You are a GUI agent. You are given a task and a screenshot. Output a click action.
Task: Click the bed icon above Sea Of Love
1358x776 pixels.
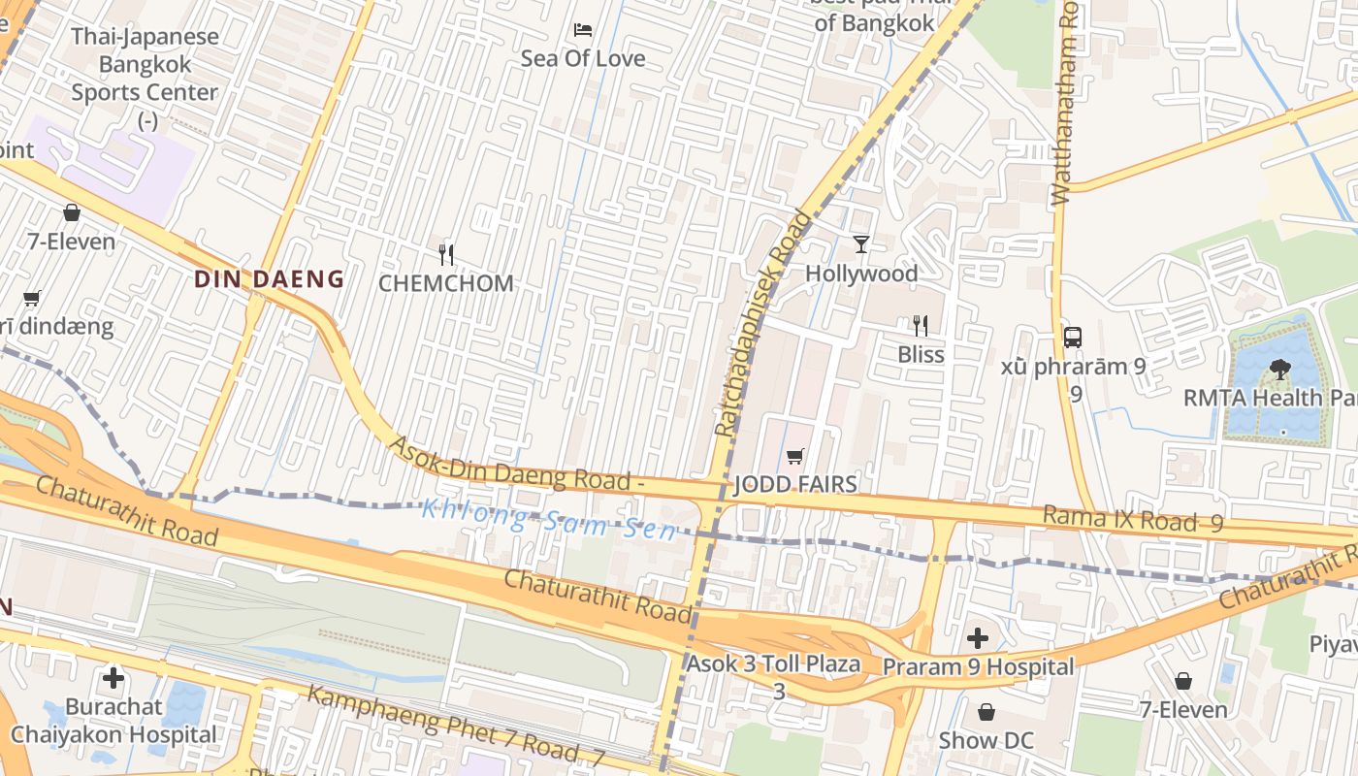click(583, 29)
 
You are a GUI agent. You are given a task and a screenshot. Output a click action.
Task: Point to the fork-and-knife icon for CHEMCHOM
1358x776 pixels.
click(446, 255)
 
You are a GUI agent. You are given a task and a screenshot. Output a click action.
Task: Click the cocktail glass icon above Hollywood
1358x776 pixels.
click(861, 243)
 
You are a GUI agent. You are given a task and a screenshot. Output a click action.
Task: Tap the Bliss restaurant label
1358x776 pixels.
click(921, 354)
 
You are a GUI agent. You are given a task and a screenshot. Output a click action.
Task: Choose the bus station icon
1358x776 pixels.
click(1072, 338)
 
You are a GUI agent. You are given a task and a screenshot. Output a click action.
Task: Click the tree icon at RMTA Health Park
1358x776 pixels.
click(1279, 369)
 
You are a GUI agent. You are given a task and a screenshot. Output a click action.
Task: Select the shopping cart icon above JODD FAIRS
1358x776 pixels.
click(795, 456)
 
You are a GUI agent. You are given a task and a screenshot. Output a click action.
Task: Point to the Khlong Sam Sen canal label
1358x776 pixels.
click(549, 519)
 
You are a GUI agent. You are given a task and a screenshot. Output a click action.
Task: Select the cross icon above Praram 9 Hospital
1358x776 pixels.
click(978, 638)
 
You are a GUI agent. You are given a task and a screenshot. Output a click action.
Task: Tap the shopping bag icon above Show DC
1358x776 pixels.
click(986, 712)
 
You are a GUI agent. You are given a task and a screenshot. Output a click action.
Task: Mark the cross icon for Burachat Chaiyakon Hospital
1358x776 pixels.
click(113, 677)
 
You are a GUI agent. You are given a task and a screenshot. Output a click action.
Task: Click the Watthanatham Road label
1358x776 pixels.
click(1065, 102)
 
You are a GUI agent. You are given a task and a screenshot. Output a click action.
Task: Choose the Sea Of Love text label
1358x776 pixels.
click(583, 58)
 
